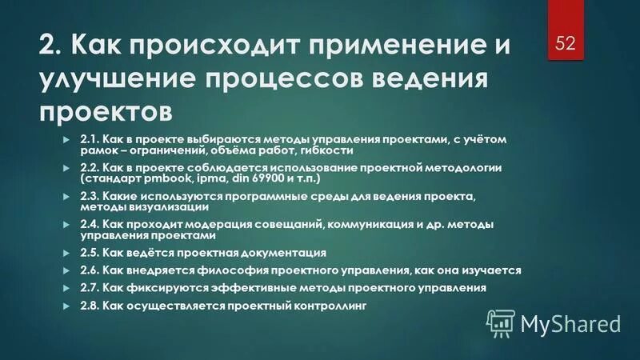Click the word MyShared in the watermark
[570, 323]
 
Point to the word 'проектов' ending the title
[105, 111]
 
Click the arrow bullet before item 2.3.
[66, 196]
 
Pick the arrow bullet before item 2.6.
[66, 270]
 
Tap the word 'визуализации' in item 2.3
[162, 206]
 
